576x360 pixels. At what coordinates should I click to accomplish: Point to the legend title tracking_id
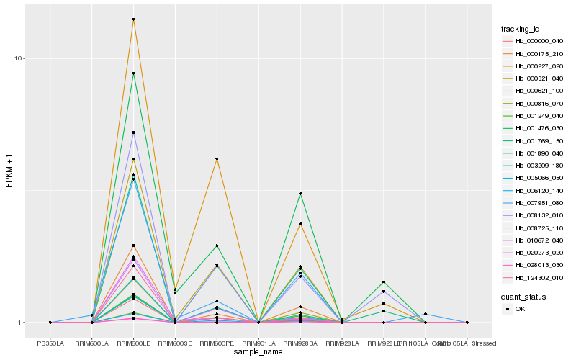pyautogui.click(x=521, y=29)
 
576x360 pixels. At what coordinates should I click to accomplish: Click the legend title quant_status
pyautogui.click(x=523, y=296)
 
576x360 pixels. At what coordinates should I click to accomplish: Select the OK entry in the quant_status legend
pyautogui.click(x=520, y=308)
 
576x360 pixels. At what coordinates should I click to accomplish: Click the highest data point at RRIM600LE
pyautogui.click(x=133, y=19)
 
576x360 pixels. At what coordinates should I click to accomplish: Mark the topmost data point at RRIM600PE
pyautogui.click(x=217, y=158)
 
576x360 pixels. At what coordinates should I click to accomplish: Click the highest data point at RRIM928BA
pyautogui.click(x=300, y=194)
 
